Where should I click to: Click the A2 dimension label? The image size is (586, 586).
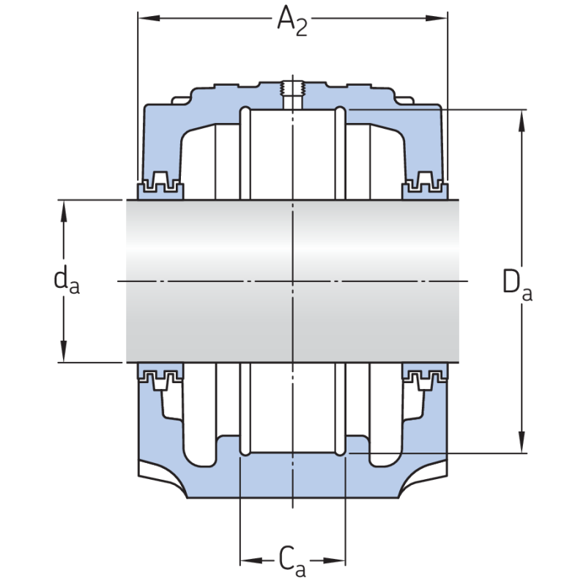[292, 21]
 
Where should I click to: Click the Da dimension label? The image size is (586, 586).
[516, 284]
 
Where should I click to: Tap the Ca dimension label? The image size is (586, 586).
[292, 560]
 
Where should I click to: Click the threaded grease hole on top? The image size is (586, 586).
[292, 92]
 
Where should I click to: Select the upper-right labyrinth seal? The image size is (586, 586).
[424, 185]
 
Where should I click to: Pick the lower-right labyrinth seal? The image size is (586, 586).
[424, 378]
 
